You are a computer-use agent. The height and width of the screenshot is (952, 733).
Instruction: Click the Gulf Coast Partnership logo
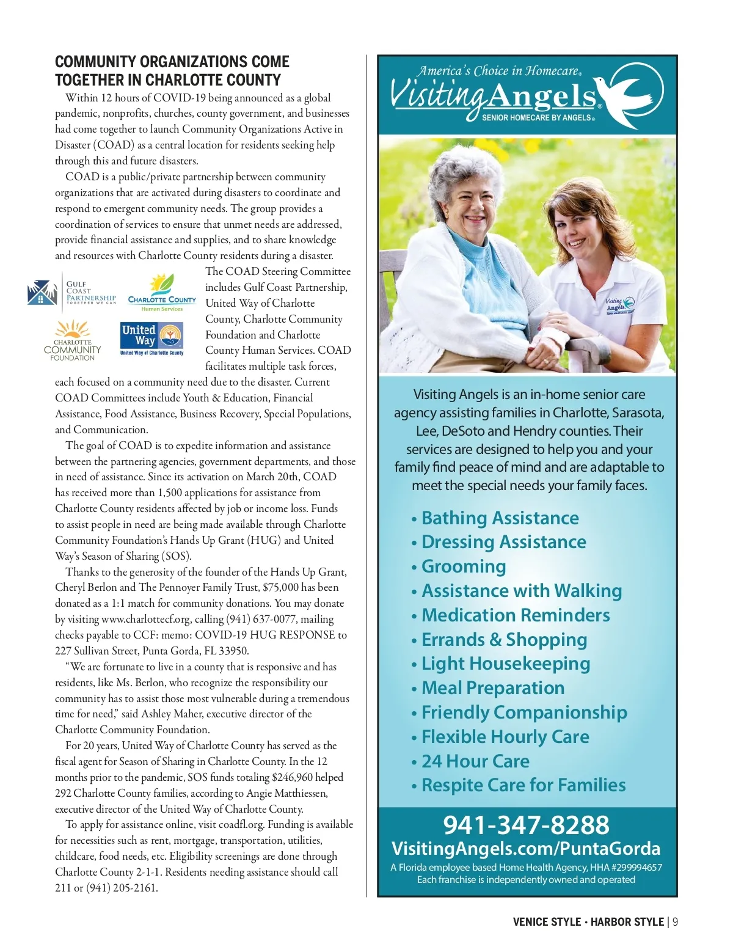click(71, 293)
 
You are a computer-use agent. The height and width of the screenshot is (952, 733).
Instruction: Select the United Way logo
click(151, 339)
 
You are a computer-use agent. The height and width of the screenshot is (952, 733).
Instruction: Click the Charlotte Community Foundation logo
click(73, 341)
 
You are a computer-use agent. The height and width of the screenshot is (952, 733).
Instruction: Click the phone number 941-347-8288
click(526, 825)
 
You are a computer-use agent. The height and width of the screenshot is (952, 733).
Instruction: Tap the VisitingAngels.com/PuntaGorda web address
click(526, 849)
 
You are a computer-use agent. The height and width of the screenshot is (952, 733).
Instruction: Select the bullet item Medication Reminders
click(515, 615)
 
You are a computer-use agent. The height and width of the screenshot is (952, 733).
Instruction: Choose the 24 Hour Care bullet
click(475, 761)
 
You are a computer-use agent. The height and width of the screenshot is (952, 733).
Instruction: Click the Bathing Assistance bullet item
click(500, 518)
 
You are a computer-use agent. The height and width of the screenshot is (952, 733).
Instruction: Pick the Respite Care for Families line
click(523, 785)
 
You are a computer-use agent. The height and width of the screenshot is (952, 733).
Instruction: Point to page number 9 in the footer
click(675, 922)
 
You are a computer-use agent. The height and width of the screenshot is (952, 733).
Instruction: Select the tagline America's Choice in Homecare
click(499, 71)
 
